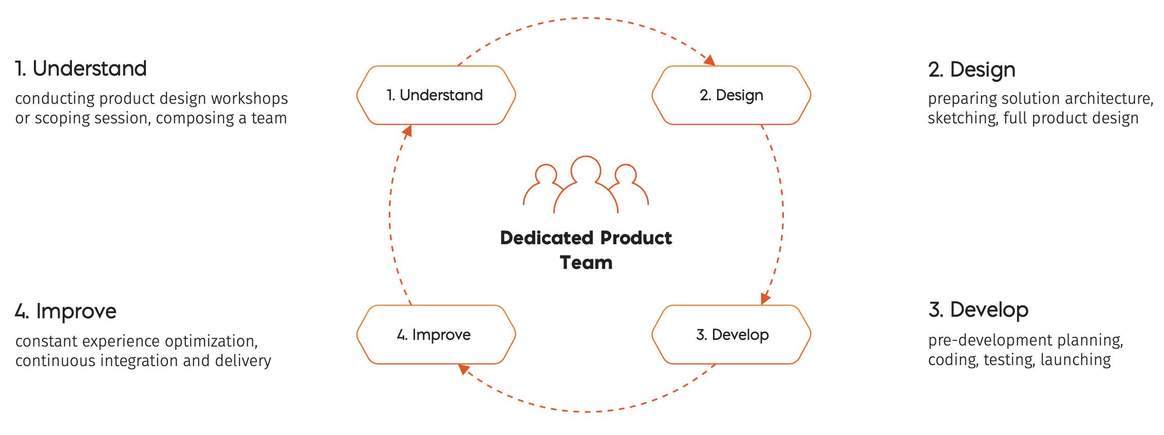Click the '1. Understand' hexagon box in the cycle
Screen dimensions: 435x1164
tap(436, 95)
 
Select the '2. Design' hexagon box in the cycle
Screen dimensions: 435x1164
tap(731, 95)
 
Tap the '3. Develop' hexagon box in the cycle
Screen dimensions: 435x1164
tap(731, 335)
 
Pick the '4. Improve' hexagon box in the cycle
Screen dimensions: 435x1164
tap(436, 335)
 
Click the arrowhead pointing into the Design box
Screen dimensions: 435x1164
tap(709, 61)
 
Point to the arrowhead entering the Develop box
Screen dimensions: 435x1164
tap(765, 298)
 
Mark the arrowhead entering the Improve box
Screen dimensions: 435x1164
tap(464, 369)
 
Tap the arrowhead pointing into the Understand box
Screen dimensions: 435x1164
tap(407, 132)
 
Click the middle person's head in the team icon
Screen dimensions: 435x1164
tap(586, 169)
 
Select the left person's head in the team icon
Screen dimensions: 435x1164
tap(546, 174)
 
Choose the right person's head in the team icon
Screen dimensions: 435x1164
tap(626, 174)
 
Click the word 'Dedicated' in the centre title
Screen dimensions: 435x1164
tap(547, 238)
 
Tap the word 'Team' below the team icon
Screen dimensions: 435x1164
tap(586, 263)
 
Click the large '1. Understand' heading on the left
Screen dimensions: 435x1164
tap(81, 68)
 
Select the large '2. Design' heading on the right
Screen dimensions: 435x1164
tap(971, 69)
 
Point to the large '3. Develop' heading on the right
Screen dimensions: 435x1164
tap(978, 310)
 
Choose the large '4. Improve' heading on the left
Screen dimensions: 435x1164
tap(66, 311)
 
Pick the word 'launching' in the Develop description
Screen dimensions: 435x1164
tap(1076, 359)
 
